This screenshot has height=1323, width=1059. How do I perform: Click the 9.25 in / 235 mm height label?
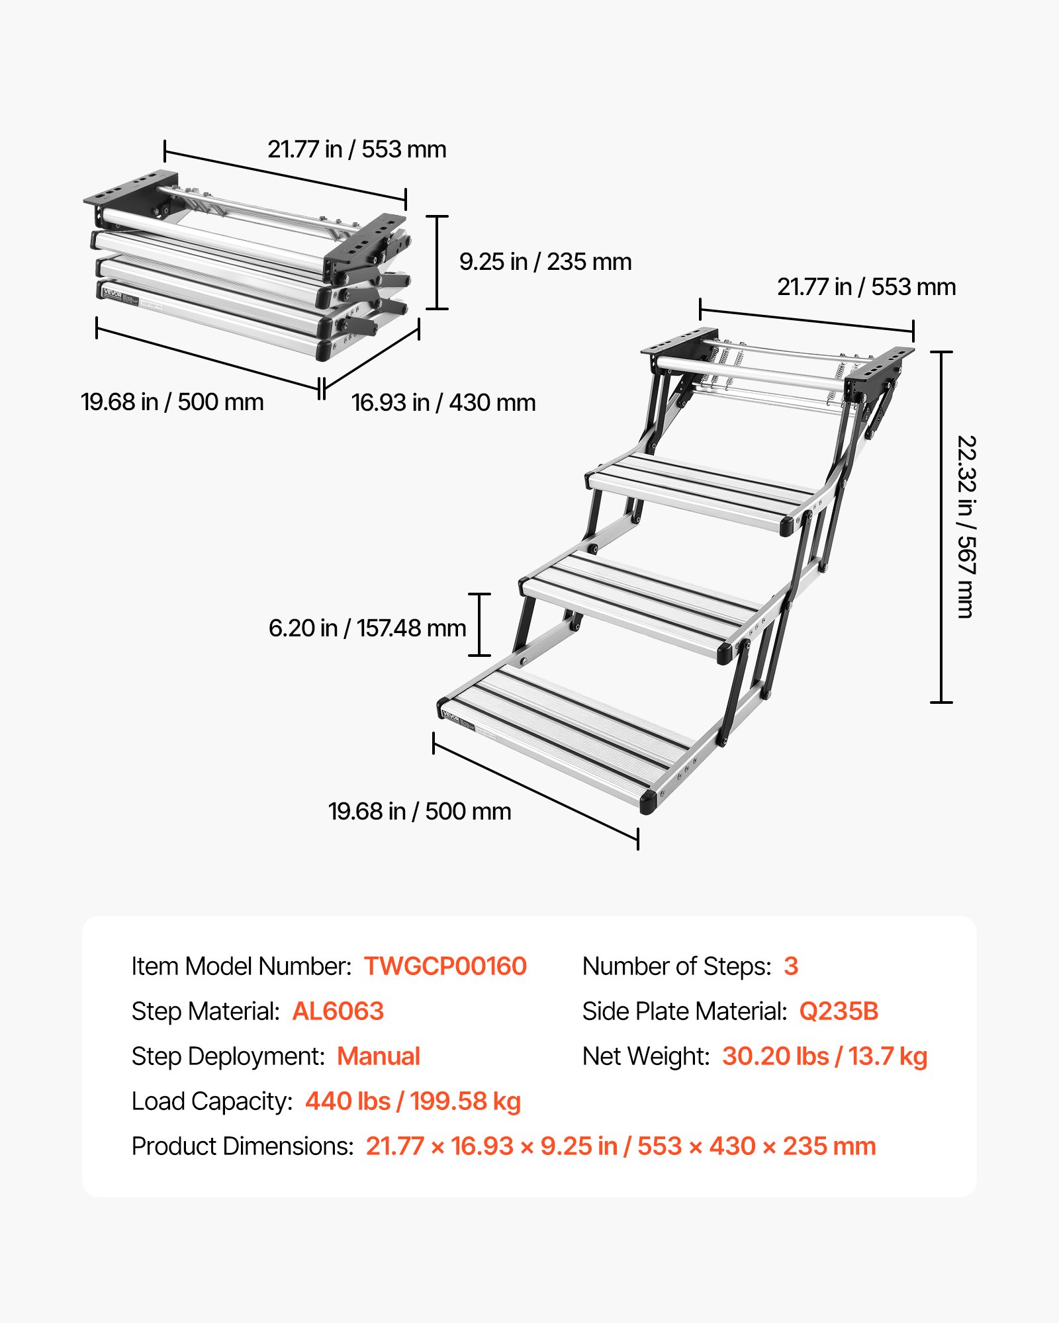point(545,262)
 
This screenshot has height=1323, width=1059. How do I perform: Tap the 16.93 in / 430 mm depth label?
point(443,402)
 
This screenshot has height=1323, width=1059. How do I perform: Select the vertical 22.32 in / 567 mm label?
point(966,527)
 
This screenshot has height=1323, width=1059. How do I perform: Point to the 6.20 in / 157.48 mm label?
point(367,628)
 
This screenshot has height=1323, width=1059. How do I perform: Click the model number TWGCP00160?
point(445,966)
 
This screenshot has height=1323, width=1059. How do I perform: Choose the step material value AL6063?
point(338,1011)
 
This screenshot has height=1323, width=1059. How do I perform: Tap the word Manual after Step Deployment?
point(378,1056)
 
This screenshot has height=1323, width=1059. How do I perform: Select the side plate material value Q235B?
point(838,1011)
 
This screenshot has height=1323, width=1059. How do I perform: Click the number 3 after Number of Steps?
point(790,966)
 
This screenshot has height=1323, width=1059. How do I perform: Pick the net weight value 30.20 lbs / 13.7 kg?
point(824,1056)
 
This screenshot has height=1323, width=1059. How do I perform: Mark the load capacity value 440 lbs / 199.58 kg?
point(412,1101)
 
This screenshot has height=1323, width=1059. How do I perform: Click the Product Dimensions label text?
point(242,1146)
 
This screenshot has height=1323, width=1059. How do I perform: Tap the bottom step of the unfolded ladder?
point(569,734)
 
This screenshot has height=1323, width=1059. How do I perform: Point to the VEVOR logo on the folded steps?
point(113,293)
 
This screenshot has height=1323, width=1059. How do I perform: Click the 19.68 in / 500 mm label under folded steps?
point(172,402)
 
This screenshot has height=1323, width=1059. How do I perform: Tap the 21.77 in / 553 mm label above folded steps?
point(357,149)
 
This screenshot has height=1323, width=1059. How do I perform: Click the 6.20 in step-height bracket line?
point(479,624)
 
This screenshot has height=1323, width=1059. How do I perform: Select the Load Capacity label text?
point(212,1101)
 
